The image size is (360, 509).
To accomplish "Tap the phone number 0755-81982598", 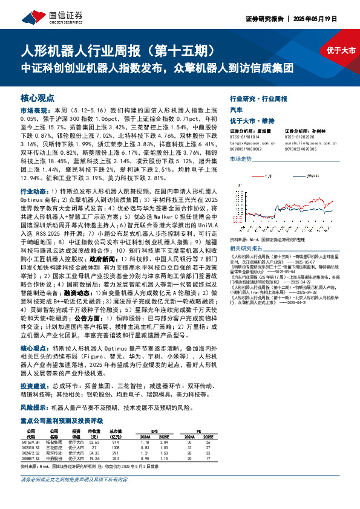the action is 300,136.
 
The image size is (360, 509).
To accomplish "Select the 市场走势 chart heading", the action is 240,158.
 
